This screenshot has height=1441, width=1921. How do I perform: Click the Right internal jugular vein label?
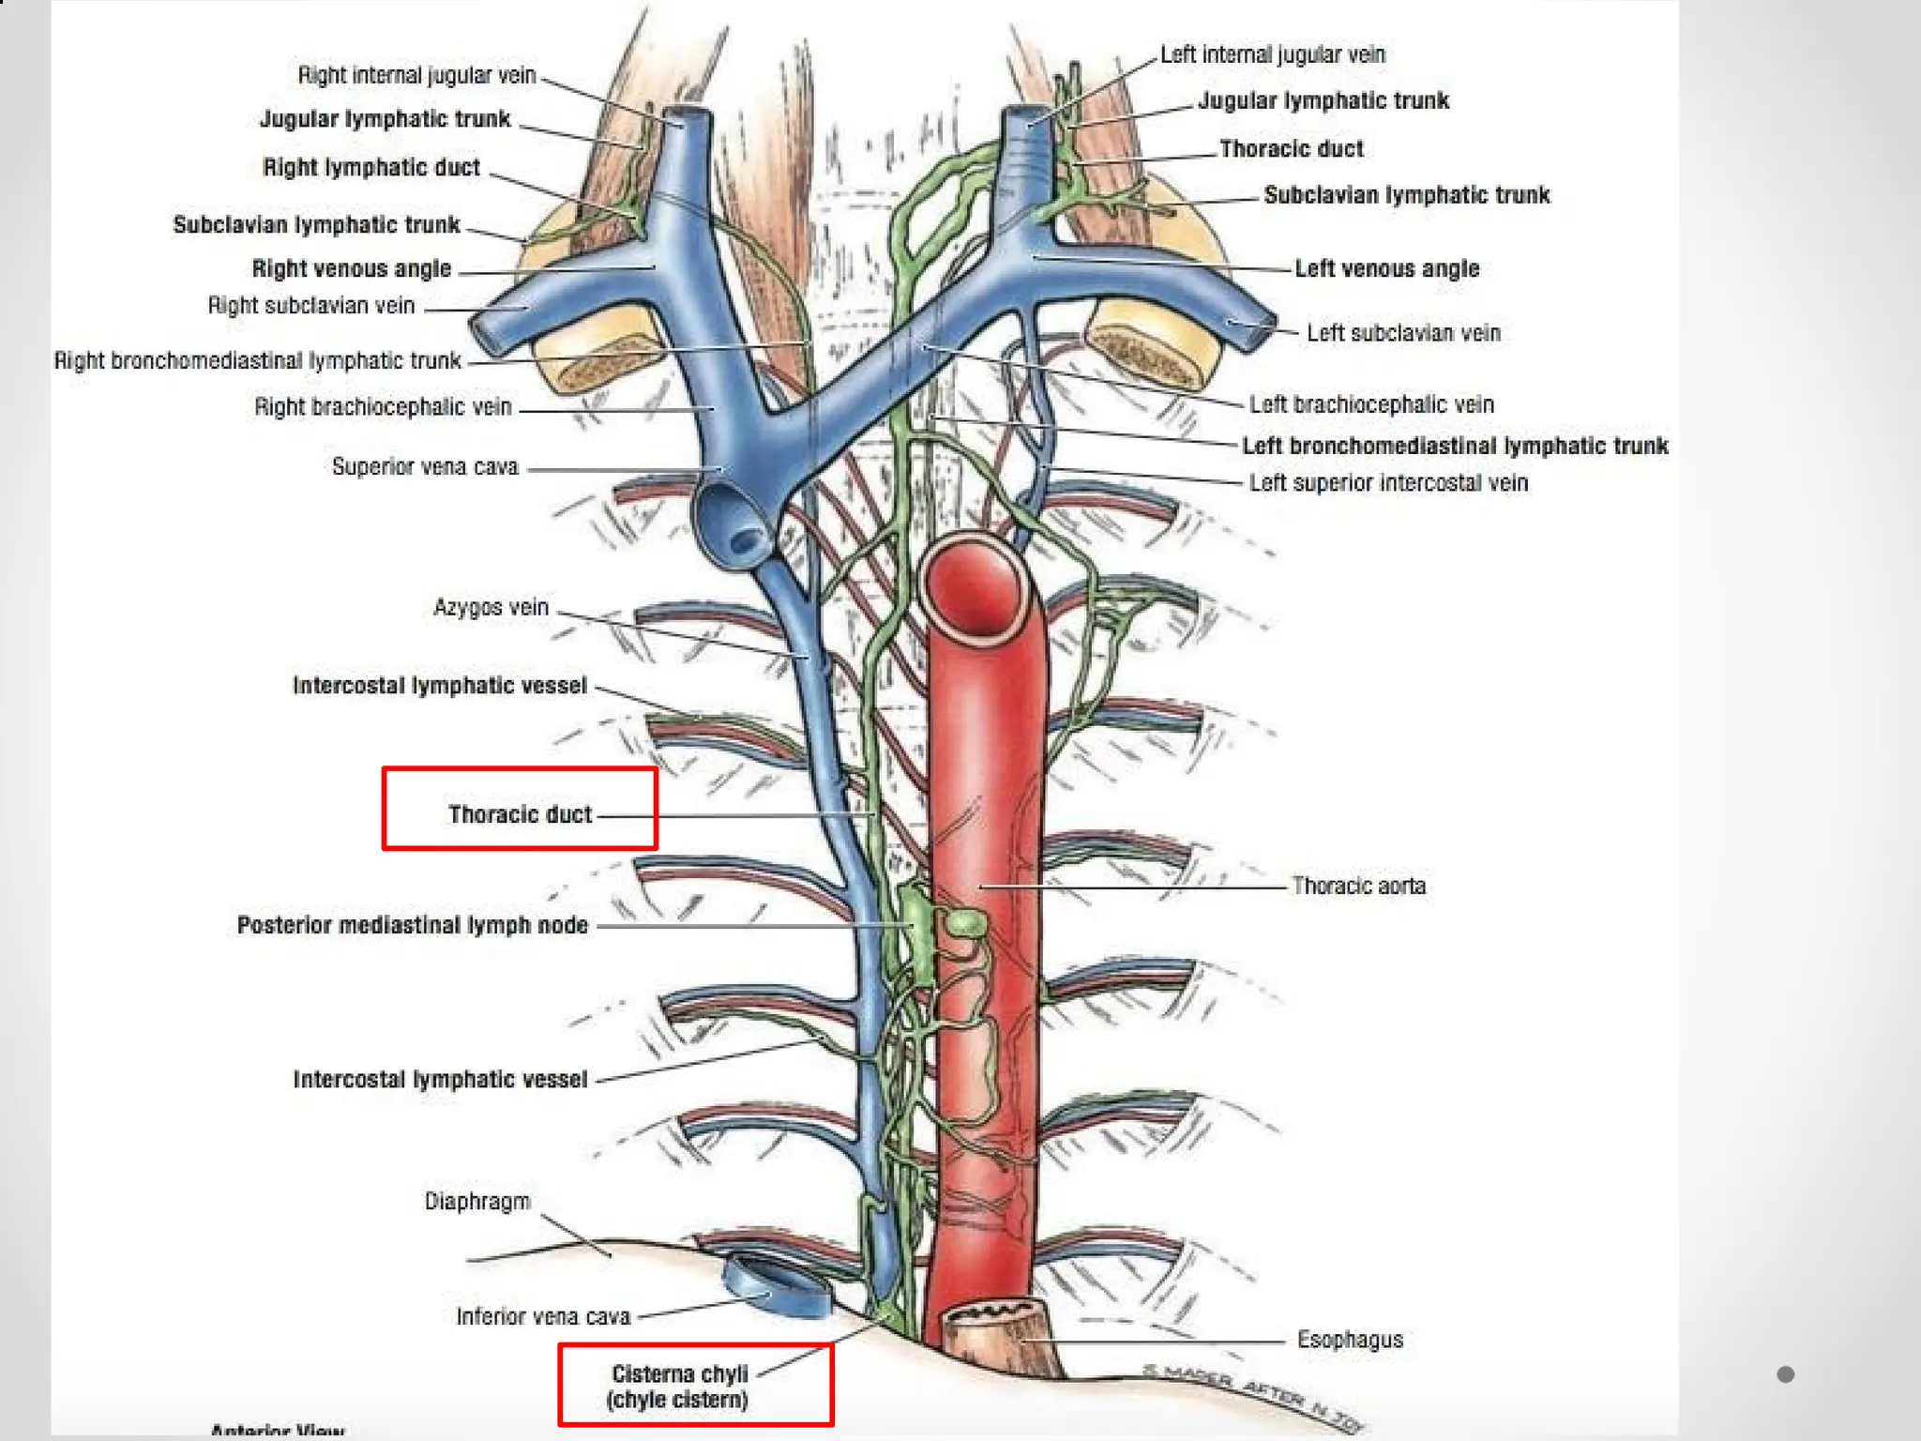point(416,75)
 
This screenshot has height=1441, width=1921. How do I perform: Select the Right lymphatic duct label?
point(371,168)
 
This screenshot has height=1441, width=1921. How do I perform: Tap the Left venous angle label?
point(1386,269)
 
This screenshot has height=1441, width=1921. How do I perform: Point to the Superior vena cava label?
point(425,467)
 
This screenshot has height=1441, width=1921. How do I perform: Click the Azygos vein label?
point(491,608)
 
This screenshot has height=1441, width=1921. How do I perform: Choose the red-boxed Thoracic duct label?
point(520,814)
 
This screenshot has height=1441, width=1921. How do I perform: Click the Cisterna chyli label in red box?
point(679,1387)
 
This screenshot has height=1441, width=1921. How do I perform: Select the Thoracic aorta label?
point(1358,887)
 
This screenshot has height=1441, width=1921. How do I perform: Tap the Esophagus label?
point(1350,1340)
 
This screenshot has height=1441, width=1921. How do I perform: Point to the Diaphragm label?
point(477,1202)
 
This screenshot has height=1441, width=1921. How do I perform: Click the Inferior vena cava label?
point(543,1317)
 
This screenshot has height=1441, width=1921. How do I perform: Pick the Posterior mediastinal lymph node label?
point(413,926)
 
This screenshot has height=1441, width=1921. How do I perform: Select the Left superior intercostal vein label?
point(1388,483)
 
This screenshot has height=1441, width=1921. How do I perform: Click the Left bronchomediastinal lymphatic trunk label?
point(1455,447)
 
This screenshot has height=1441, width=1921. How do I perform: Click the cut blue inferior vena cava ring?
point(776,1285)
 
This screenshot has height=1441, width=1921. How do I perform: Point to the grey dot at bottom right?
point(1785,1374)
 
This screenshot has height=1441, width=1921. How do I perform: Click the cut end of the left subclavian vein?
point(1252,328)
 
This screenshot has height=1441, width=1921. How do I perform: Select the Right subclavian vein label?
point(311,306)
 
